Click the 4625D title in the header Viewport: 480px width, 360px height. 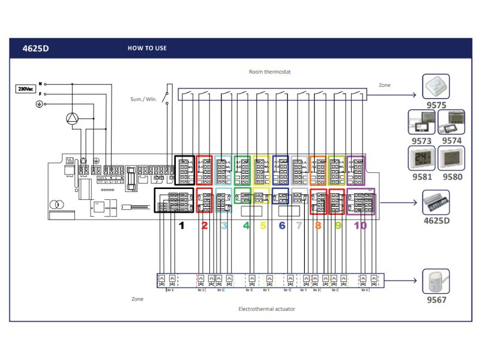point(35,49)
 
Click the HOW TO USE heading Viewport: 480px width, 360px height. point(147,48)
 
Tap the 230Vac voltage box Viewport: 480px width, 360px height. point(25,89)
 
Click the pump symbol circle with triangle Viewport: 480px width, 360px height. point(73,118)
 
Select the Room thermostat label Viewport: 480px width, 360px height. point(269,72)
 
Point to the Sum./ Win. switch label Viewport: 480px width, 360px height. point(143,99)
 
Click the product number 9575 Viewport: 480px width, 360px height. point(437,104)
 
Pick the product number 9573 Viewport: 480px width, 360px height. point(421,140)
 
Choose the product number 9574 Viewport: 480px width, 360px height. point(452,140)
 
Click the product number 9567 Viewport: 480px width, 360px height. point(436,299)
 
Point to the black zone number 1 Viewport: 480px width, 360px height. point(181,226)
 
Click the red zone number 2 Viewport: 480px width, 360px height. point(205,226)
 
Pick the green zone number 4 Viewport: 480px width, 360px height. point(246,226)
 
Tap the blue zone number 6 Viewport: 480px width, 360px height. point(281,226)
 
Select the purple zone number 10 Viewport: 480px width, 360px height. point(360,226)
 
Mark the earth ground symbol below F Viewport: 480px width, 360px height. point(40,104)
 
